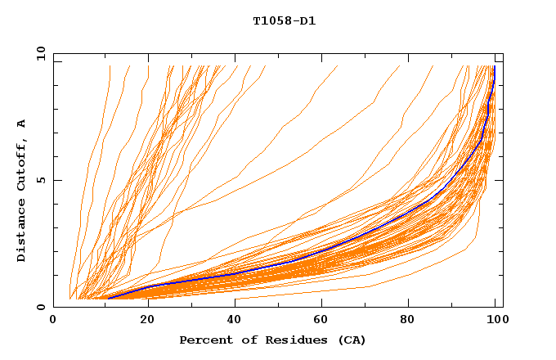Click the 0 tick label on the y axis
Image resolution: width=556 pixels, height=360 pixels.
[40, 308]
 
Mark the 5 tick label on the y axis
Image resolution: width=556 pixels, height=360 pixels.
[40, 180]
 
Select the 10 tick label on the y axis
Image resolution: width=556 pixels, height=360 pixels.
[40, 53]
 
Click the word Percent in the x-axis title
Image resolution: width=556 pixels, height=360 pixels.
[205, 340]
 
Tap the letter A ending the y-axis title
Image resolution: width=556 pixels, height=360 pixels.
[21, 124]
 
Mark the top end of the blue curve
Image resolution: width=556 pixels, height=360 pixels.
[494, 67]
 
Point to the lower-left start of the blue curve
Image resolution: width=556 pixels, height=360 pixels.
[106, 299]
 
